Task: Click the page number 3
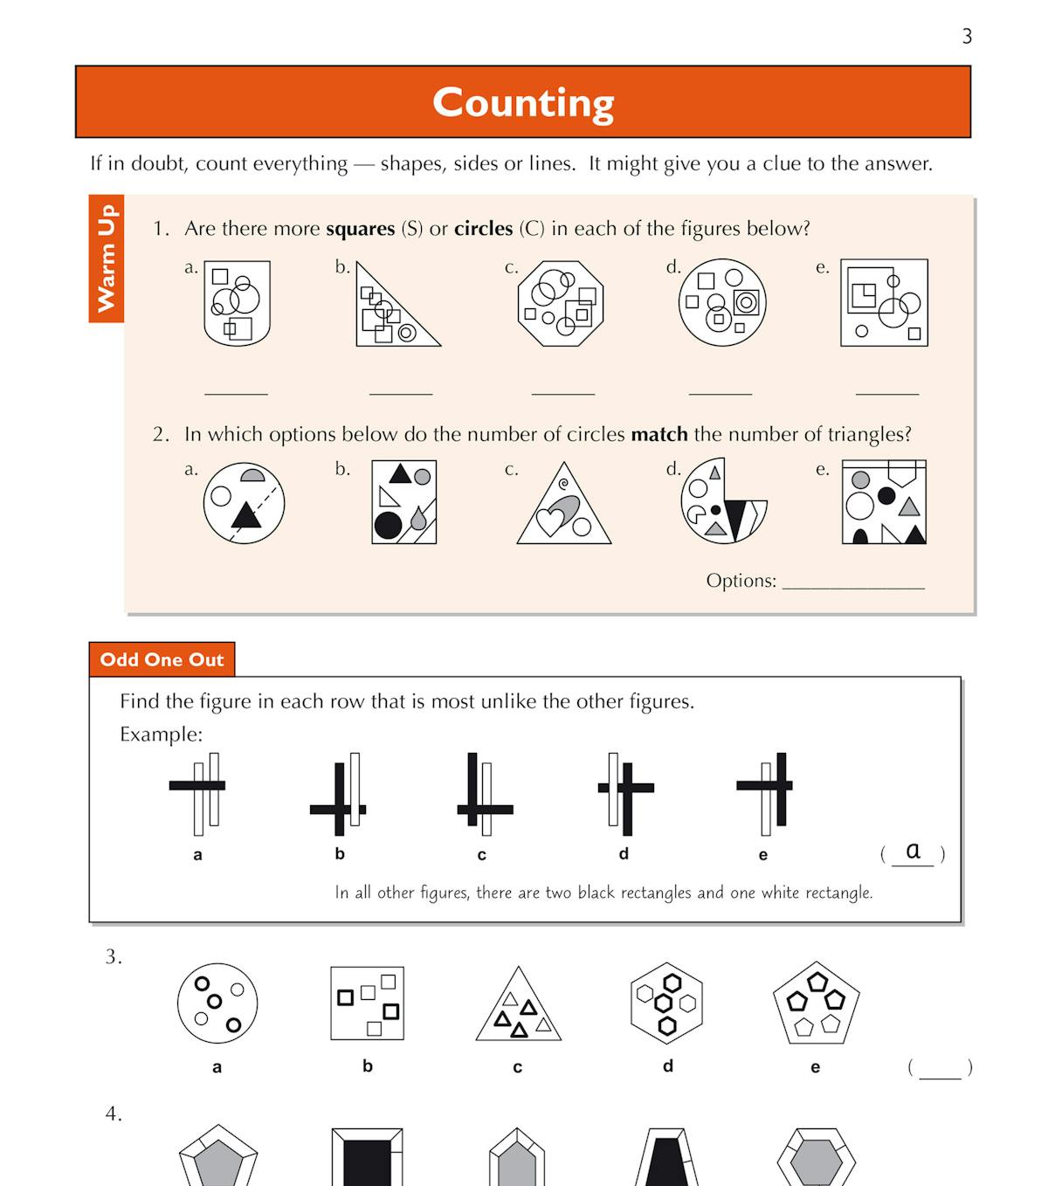coord(967,37)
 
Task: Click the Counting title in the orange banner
coord(523,102)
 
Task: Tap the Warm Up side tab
coord(107,259)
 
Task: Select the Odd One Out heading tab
coord(162,659)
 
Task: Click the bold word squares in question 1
coord(360,229)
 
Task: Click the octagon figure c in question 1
coord(561,303)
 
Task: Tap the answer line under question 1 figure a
coord(236,392)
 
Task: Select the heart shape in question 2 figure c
coord(550,521)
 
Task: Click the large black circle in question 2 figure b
coord(388,526)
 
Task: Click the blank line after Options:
coord(853,585)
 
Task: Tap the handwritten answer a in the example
coord(913,851)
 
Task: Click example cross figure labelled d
coord(624,793)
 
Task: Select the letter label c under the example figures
coord(481,855)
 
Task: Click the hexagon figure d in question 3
coord(666,1003)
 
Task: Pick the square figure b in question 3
coord(367,1003)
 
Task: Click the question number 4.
coord(114,1114)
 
